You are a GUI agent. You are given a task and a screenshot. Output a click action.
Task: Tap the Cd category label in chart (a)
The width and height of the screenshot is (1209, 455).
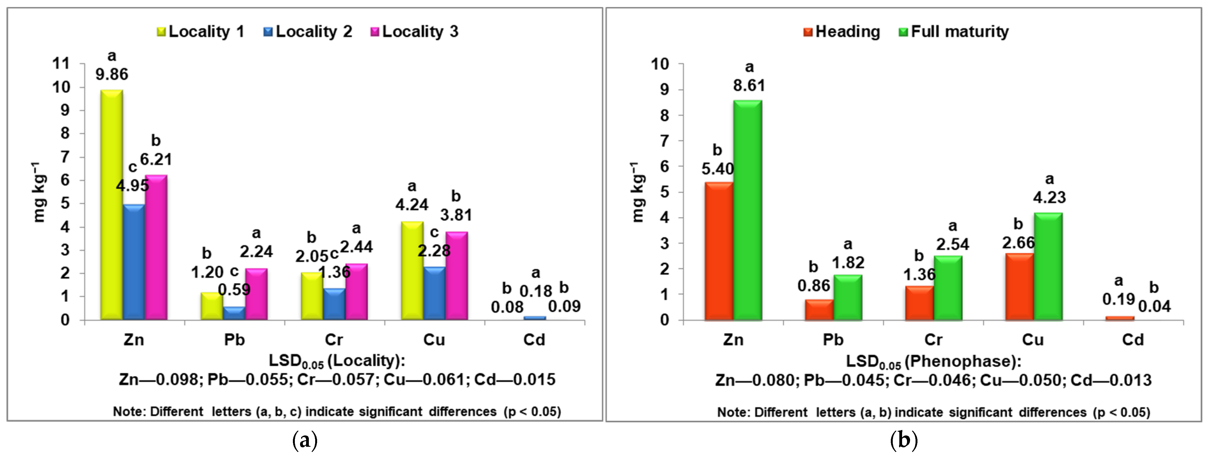click(534, 340)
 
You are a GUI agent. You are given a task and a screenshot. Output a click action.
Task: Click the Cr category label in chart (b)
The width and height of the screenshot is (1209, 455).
click(933, 340)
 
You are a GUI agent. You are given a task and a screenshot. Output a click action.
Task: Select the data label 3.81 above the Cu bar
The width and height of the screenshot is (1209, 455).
click(456, 215)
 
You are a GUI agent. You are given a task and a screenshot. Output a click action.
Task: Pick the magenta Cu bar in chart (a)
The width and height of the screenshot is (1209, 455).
click(456, 276)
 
